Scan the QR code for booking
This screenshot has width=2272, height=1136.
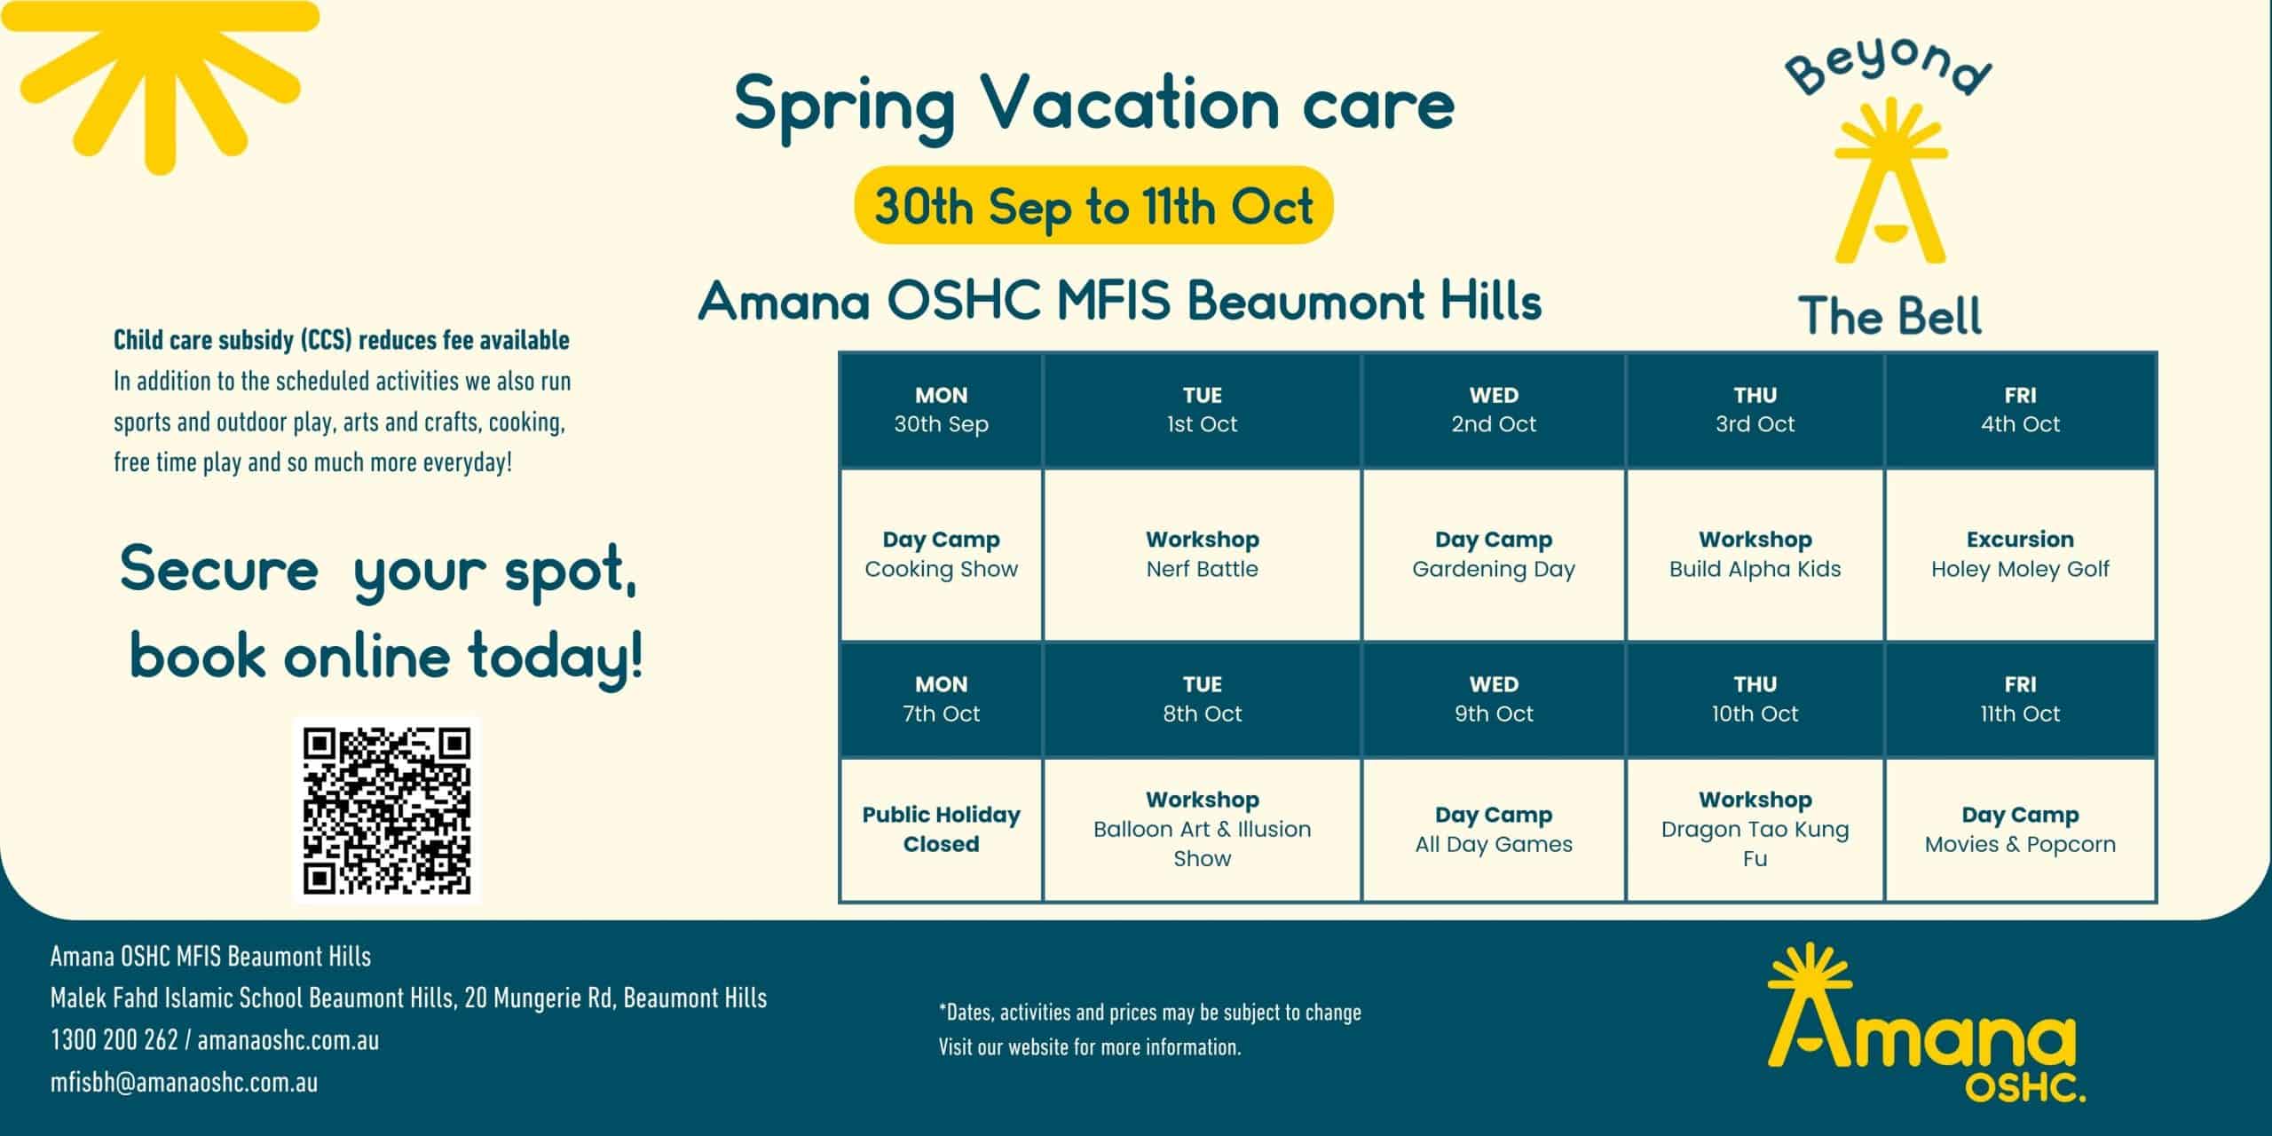coord(387,810)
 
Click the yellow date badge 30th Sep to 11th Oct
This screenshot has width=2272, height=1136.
coord(1093,205)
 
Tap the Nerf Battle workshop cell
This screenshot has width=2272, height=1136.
coord(1202,555)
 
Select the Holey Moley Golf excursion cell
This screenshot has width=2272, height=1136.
coord(2020,555)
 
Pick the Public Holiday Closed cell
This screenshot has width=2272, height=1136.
coord(941,830)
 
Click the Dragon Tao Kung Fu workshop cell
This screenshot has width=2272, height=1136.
coord(1755,830)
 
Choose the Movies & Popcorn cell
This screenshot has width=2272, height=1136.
coord(2020,830)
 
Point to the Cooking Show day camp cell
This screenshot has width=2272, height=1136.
coord(941,555)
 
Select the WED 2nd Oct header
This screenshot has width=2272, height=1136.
coord(1494,410)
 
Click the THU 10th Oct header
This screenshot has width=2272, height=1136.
coord(1755,699)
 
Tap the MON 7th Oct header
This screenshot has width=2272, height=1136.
coord(941,699)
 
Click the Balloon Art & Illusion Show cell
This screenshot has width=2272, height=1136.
coord(1202,830)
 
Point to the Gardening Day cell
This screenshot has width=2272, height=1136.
coord(1494,555)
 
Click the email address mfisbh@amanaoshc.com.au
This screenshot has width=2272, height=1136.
coord(184,1083)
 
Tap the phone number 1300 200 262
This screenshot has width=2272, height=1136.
coord(114,1040)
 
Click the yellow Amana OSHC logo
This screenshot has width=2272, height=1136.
coord(1924,1022)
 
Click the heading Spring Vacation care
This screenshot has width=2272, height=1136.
coord(1094,105)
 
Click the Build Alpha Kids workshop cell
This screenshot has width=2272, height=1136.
coord(1755,555)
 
